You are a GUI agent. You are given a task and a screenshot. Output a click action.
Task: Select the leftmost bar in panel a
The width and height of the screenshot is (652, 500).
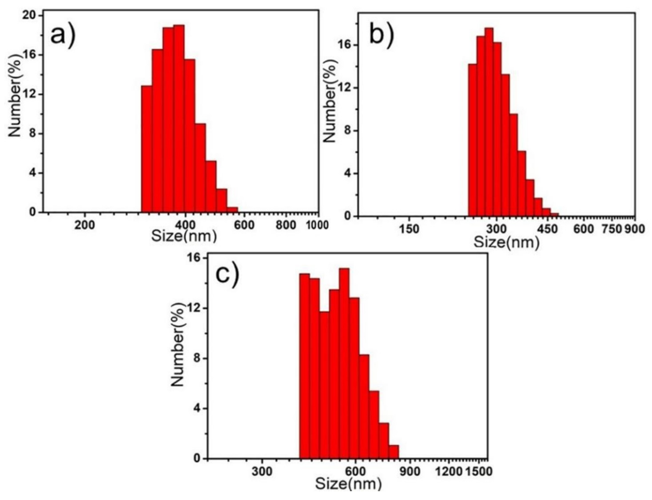[146, 149]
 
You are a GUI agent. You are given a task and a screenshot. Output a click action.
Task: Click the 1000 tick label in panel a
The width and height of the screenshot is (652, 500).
[317, 225]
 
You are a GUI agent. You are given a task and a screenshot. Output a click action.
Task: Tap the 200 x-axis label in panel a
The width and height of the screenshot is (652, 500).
[85, 225]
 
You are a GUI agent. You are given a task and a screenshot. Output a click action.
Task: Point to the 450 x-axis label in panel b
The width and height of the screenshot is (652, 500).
[547, 229]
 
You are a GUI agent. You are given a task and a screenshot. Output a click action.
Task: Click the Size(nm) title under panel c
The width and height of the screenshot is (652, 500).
[348, 484]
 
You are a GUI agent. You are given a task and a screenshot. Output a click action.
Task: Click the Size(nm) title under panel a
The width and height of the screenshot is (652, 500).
[184, 236]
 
